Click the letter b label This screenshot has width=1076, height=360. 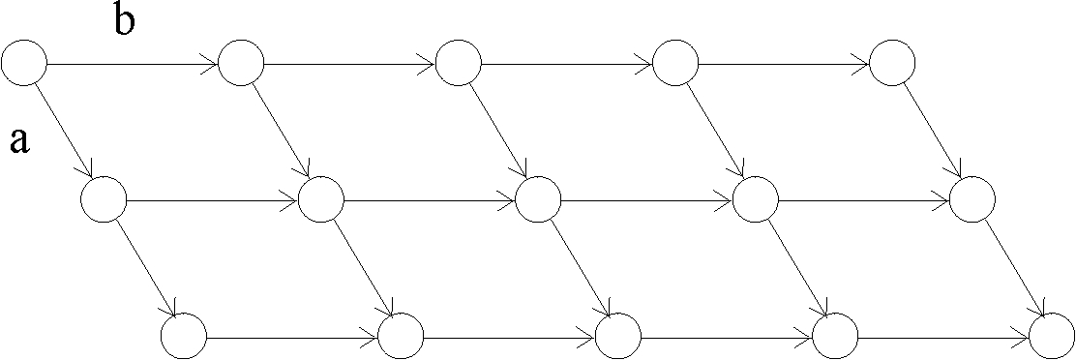pyautogui.click(x=124, y=21)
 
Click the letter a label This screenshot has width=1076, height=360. pyautogui.click(x=19, y=141)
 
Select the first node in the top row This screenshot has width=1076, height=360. pyautogui.click(x=24, y=64)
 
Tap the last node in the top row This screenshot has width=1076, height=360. pyautogui.click(x=892, y=64)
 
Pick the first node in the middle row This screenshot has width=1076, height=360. pyautogui.click(x=104, y=201)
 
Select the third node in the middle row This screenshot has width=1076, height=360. pyautogui.click(x=539, y=201)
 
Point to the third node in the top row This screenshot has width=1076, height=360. pyautogui.click(x=459, y=64)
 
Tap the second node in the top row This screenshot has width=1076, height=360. pyautogui.click(x=241, y=64)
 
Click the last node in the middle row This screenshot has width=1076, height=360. pyautogui.click(x=972, y=201)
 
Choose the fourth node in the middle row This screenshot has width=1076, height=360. pyautogui.click(x=756, y=201)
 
